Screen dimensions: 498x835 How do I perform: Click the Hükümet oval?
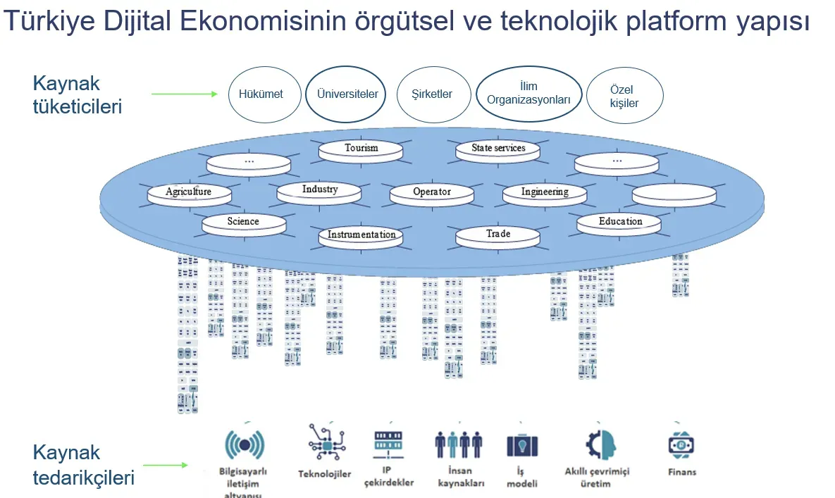tap(261, 94)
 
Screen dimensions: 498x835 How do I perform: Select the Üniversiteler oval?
tap(347, 94)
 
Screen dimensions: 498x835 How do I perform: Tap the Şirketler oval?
tap(432, 94)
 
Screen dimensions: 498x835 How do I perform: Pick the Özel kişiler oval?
tap(624, 96)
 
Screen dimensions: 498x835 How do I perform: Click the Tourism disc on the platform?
tap(361, 149)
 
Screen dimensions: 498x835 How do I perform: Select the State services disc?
tap(498, 149)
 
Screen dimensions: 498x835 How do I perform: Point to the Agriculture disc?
tap(189, 192)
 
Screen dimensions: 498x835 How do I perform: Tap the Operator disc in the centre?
tap(431, 192)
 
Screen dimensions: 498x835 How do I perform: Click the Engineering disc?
tap(545, 192)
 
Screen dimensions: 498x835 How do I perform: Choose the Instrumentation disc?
tap(361, 235)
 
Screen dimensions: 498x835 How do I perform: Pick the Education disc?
tap(620, 223)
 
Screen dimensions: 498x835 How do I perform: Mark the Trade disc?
tap(498, 235)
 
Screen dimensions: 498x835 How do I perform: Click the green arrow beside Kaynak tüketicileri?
tap(185, 94)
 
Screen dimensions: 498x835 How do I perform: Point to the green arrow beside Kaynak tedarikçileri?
tap(166, 465)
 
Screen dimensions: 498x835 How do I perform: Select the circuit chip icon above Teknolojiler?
tap(326, 442)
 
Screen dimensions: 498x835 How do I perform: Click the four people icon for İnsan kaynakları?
tap(459, 444)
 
